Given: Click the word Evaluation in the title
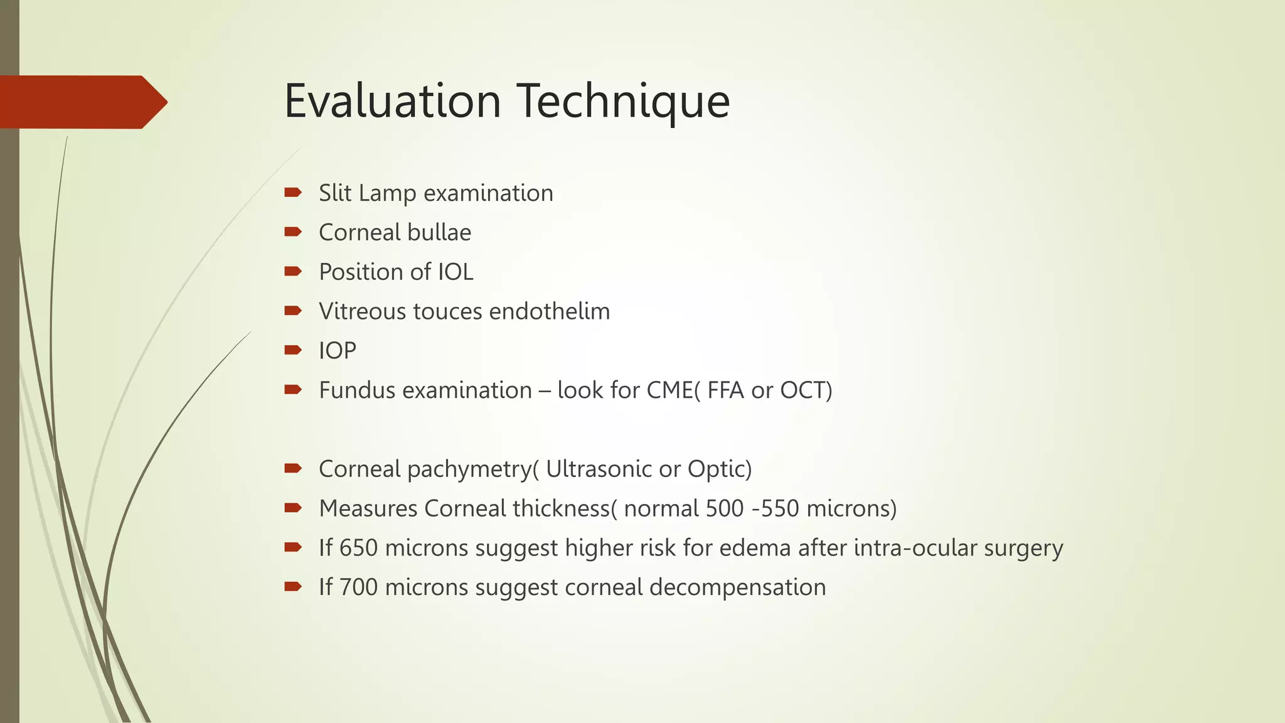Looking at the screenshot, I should [392, 100].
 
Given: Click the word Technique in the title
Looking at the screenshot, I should [624, 102].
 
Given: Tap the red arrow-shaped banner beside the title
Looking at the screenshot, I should [82, 102].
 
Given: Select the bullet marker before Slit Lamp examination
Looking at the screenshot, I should [292, 192].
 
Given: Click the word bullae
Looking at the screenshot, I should [439, 232].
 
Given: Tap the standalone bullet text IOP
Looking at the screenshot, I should [338, 351].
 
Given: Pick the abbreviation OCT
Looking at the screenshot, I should [802, 390].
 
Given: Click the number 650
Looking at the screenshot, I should [358, 548].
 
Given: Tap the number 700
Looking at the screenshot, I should [358, 587].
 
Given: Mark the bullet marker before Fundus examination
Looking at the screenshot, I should [292, 390].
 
